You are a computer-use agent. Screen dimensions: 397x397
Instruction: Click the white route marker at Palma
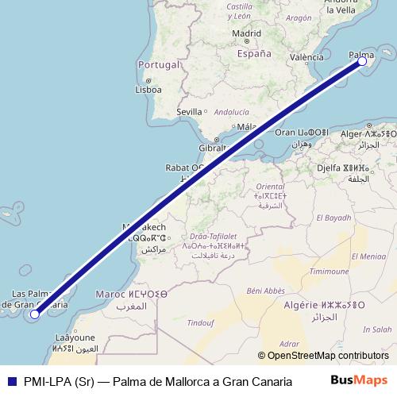(362, 60)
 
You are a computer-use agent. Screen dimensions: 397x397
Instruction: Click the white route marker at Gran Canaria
(35, 314)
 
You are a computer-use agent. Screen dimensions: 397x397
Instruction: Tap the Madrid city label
(247, 33)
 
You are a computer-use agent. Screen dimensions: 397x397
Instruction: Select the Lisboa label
(148, 90)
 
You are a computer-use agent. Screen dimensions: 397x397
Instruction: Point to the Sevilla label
(189, 112)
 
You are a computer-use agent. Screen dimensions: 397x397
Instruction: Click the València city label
(306, 57)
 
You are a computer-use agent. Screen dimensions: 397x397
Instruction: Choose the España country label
(254, 54)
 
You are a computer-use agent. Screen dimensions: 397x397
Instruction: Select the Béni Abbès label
(265, 291)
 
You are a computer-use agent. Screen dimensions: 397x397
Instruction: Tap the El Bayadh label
(333, 218)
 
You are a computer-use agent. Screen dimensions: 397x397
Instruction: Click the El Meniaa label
(368, 256)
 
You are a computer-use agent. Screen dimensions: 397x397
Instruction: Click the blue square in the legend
(10, 380)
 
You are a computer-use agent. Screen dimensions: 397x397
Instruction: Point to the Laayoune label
(75, 337)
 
